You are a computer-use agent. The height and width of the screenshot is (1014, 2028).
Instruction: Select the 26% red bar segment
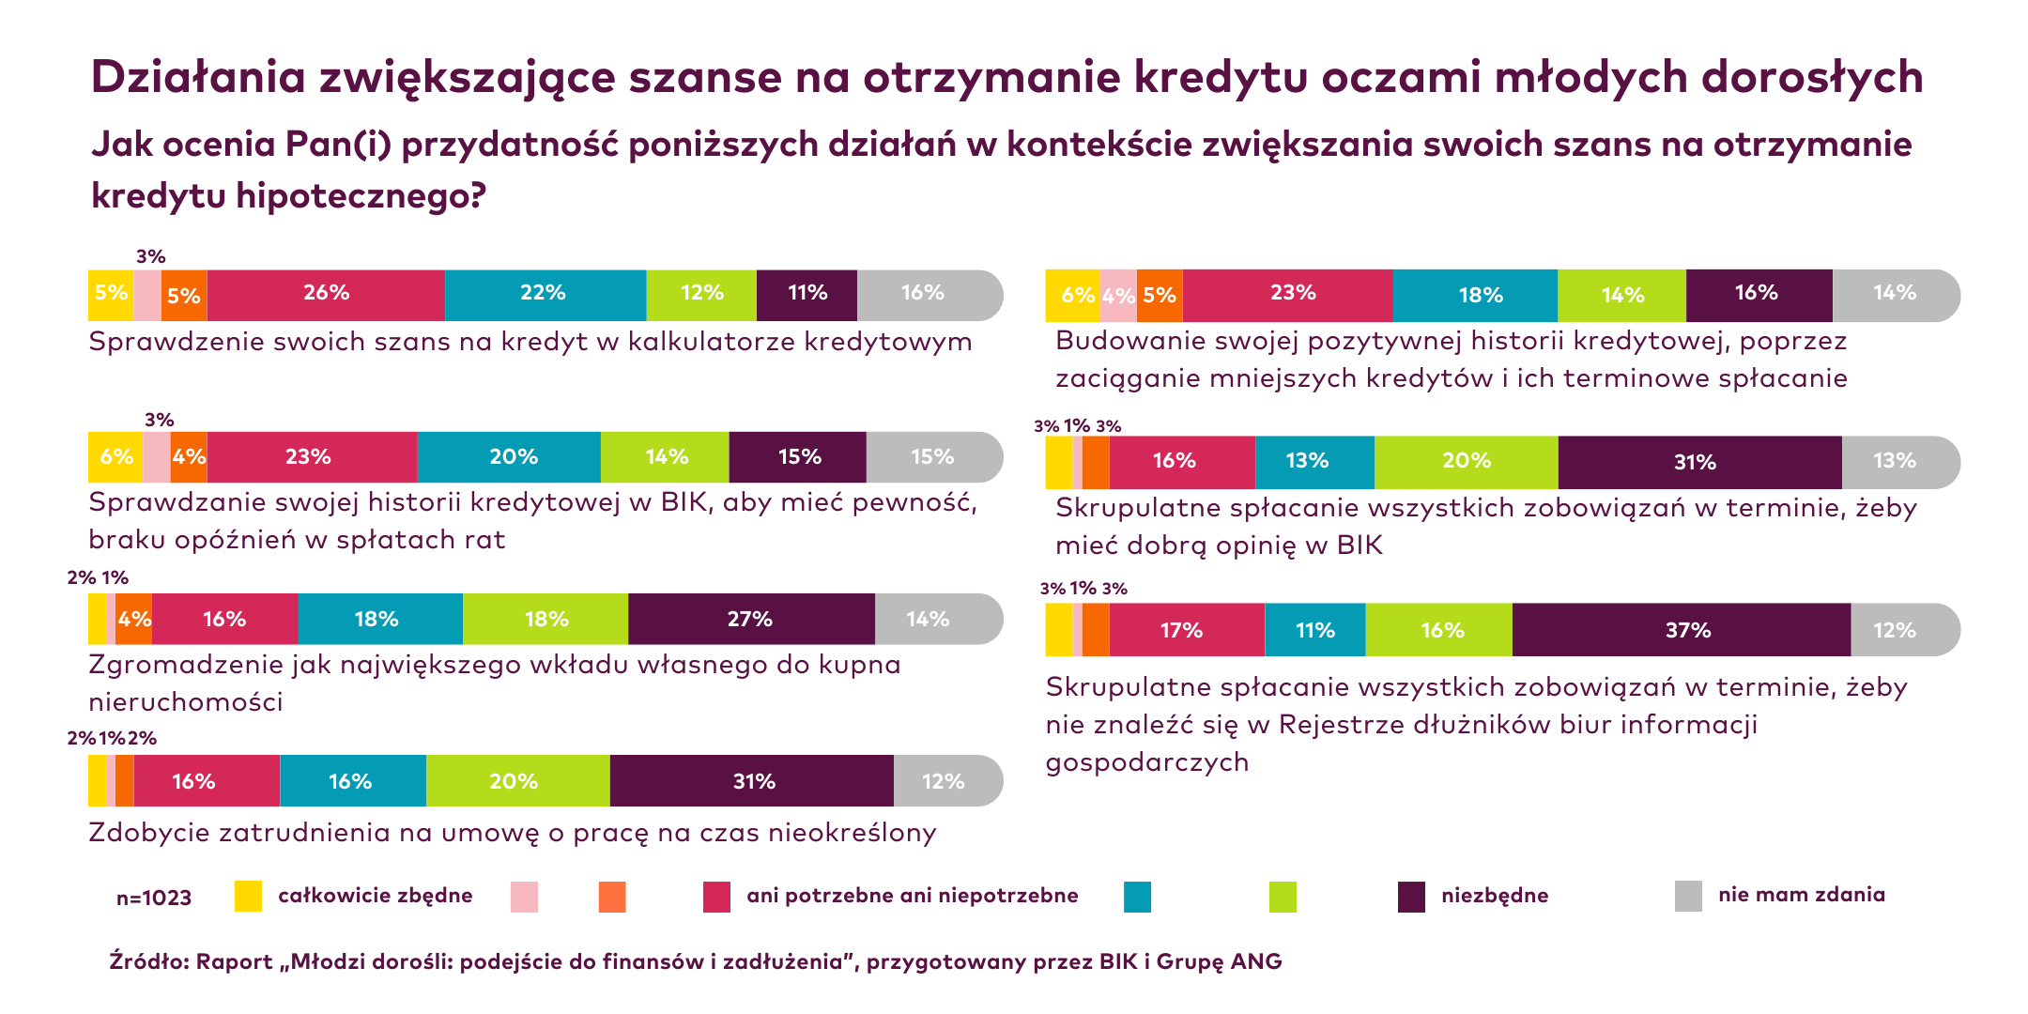click(x=326, y=295)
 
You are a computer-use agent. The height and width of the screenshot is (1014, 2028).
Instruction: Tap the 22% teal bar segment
click(x=545, y=295)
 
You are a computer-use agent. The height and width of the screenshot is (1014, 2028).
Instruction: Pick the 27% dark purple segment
click(x=751, y=619)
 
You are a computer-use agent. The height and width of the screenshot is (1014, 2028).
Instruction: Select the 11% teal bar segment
click(x=1314, y=630)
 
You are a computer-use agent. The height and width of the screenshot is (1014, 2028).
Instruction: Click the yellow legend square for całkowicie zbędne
click(x=248, y=896)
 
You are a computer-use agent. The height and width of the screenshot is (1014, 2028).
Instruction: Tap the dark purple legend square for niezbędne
click(x=1411, y=897)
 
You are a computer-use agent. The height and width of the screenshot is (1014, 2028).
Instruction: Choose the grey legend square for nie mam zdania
click(x=1688, y=896)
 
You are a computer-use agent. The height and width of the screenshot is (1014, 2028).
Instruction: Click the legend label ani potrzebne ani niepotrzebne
click(x=912, y=896)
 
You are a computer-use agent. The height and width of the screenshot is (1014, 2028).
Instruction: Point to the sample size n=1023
click(x=154, y=899)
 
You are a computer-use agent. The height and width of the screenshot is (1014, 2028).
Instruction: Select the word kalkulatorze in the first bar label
click(x=711, y=342)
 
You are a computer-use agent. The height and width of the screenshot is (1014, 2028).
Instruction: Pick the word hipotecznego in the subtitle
click(x=361, y=195)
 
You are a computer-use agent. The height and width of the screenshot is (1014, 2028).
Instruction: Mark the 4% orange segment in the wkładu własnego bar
click(x=134, y=619)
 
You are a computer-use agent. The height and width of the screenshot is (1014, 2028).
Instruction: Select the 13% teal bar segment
click(x=1314, y=462)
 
